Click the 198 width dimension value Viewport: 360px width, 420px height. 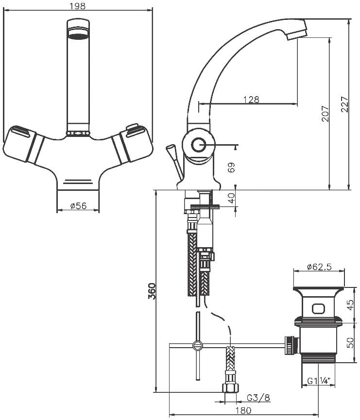tap(77, 6)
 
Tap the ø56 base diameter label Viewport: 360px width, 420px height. tap(78, 206)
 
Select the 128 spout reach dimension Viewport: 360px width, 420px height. tap(252, 100)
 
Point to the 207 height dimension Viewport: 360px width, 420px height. tap(325, 114)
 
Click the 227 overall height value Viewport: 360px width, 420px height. tap(345, 103)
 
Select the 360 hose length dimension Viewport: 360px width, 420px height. tap(152, 291)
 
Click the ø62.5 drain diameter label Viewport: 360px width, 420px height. tap(319, 267)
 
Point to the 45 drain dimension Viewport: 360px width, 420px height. tap(350, 305)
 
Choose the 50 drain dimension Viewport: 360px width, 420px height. tap(350, 343)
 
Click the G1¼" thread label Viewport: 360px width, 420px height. tap(318, 381)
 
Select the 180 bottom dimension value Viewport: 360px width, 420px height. tap(244, 410)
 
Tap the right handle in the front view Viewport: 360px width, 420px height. tap(133, 143)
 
